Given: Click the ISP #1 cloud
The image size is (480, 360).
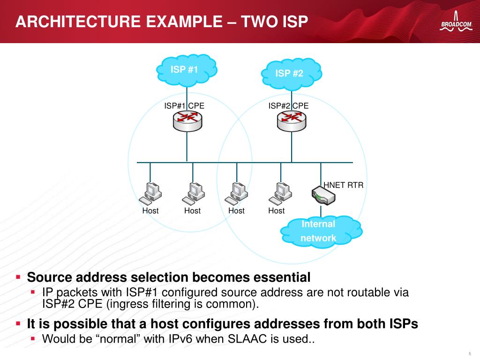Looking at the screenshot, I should pos(187,70).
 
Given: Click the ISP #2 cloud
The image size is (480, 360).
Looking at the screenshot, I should pos(291,73).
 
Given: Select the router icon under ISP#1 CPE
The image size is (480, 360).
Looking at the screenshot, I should pos(187,120).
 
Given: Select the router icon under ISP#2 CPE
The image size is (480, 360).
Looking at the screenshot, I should pos(291,120).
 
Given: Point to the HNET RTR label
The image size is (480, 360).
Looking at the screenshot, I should pos(344,185).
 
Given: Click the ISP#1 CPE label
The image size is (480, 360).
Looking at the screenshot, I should pos(184,105).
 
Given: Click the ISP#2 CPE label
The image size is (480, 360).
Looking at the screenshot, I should pos(288,105).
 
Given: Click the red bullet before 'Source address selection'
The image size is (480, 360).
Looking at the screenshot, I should pos(18,277).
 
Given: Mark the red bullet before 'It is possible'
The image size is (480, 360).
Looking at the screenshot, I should pos(18,323).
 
